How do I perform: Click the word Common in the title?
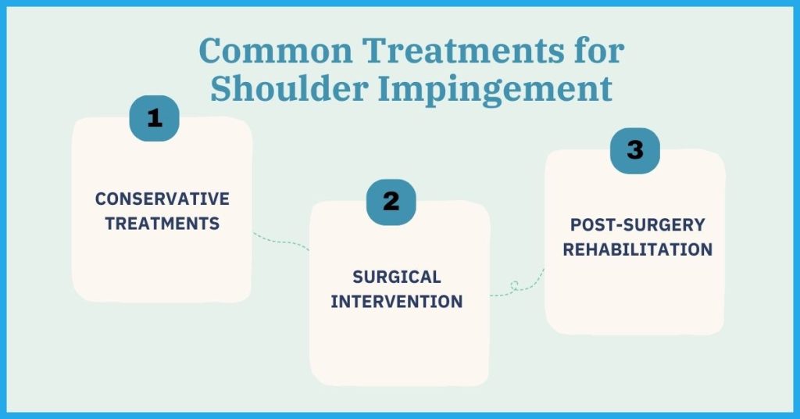click(x=276, y=50)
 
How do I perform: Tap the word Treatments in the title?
click(x=463, y=50)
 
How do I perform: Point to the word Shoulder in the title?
click(x=289, y=88)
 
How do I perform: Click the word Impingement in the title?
click(x=495, y=90)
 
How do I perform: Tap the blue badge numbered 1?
click(x=154, y=118)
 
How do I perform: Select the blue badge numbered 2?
click(x=391, y=202)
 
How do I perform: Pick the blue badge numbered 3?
click(x=634, y=151)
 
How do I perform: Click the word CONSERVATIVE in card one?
click(x=162, y=199)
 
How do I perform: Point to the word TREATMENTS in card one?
click(x=162, y=224)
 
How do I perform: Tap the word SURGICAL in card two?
click(x=396, y=277)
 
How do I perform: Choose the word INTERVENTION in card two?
click(x=396, y=302)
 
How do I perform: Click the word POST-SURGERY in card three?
click(x=637, y=224)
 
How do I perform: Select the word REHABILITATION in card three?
click(x=637, y=249)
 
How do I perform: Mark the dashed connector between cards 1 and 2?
click(x=280, y=240)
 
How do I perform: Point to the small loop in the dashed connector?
click(x=514, y=285)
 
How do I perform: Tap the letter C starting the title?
click(x=211, y=50)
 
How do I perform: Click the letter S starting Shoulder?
click(x=220, y=89)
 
